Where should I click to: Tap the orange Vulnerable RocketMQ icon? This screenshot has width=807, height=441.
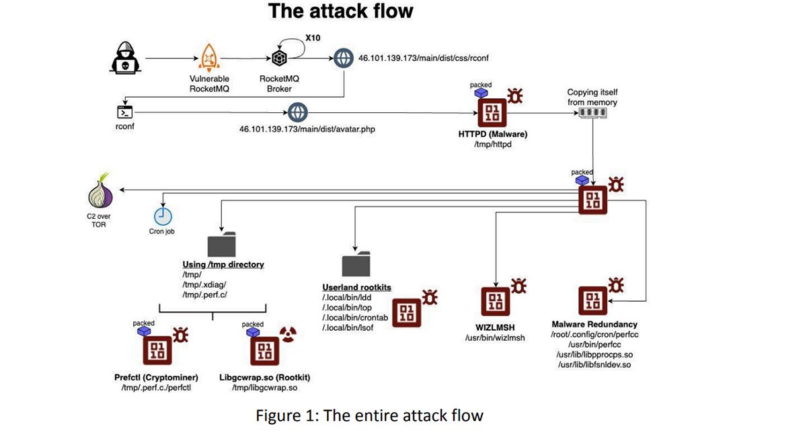click(x=208, y=58)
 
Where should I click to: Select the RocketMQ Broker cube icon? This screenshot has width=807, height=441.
click(x=279, y=58)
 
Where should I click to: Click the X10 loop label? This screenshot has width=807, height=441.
click(x=313, y=38)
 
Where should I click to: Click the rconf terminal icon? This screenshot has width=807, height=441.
click(x=125, y=112)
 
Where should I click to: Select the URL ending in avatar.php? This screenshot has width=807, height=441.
click(x=307, y=128)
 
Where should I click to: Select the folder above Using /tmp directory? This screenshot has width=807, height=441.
click(x=222, y=245)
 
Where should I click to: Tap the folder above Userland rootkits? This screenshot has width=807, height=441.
click(x=356, y=264)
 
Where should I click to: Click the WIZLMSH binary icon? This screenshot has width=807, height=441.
click(x=496, y=300)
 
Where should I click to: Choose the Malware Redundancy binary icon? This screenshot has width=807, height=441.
click(x=593, y=300)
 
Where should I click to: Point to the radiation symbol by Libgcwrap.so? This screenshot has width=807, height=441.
click(x=287, y=334)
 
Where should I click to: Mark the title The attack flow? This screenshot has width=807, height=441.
click(x=341, y=11)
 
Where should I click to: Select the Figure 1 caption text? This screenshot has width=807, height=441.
click(x=369, y=415)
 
